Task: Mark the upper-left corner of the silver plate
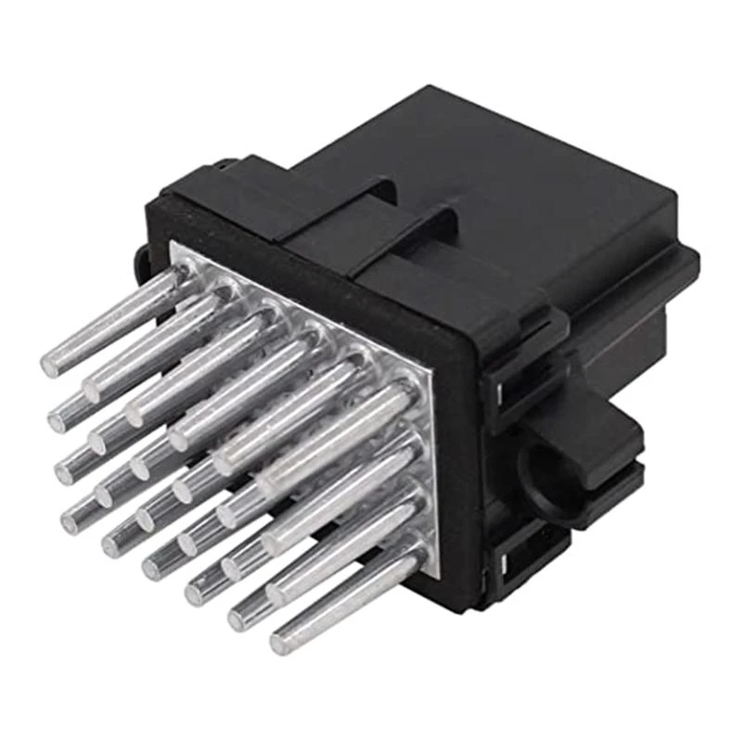point(176,247)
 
